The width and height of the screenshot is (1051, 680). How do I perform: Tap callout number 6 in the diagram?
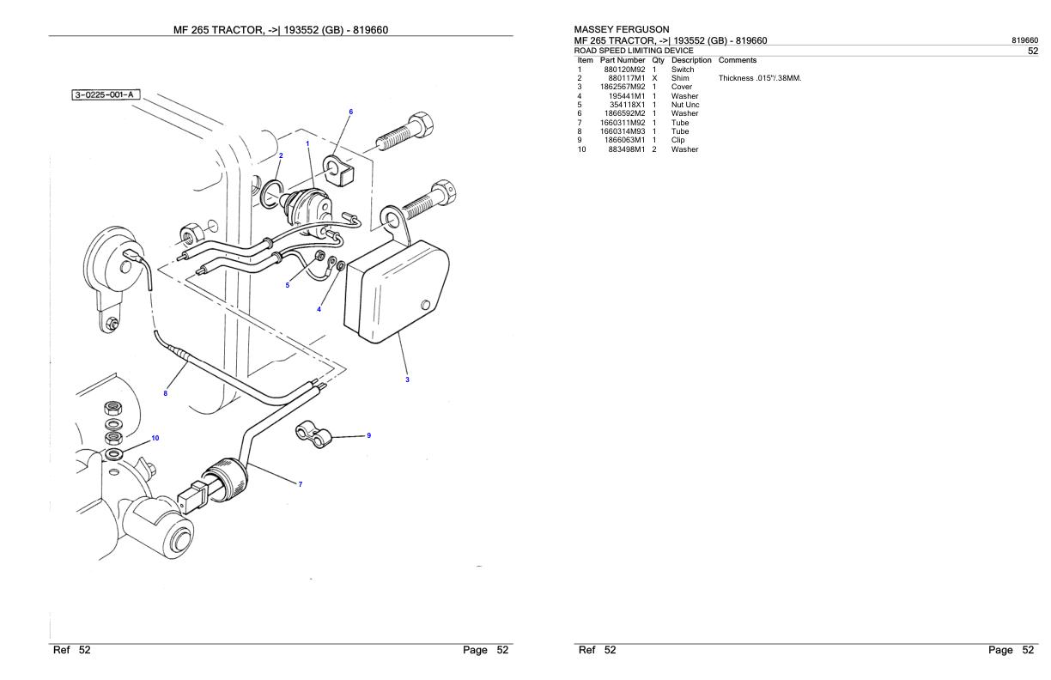coord(350,112)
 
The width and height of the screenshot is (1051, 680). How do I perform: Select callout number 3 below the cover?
coord(407,379)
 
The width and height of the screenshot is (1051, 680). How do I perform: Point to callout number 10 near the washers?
coord(155,438)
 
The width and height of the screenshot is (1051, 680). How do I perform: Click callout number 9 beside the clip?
coord(368,435)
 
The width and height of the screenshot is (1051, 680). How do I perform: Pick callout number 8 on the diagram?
coord(166,394)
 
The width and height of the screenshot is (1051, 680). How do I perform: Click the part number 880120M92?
coord(624,70)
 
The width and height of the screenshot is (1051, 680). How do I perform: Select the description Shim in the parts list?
coord(680,78)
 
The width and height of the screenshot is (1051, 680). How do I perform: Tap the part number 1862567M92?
coord(623,87)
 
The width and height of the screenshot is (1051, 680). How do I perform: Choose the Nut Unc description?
coord(685,105)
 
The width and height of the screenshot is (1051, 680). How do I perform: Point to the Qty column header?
coord(658,60)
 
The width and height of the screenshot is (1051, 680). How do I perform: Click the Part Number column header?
coord(623,60)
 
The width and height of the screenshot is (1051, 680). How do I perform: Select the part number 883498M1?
coord(626,149)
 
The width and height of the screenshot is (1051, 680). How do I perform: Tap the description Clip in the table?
coord(678,140)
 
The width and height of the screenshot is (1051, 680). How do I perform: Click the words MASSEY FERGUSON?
coord(621,30)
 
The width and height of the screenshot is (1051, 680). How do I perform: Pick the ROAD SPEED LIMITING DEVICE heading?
coord(634,51)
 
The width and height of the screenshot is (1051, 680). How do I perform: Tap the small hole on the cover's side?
coord(425,305)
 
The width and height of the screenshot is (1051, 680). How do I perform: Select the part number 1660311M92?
coord(623,123)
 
